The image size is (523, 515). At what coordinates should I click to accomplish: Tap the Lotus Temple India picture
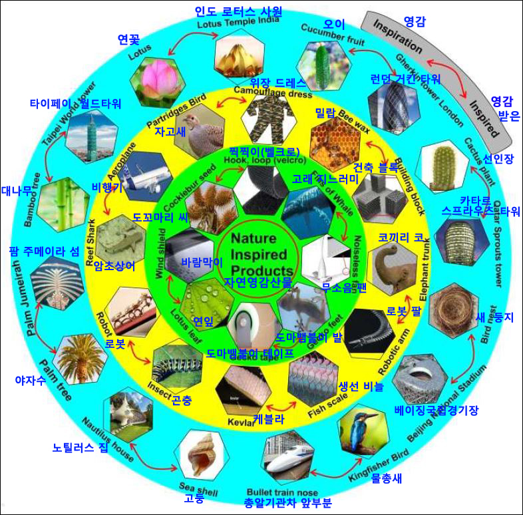(238, 51)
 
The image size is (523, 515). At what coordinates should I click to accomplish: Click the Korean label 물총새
(386, 477)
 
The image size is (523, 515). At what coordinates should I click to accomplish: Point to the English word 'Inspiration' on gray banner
(398, 38)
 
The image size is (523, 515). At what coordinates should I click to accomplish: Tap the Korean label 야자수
(29, 381)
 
